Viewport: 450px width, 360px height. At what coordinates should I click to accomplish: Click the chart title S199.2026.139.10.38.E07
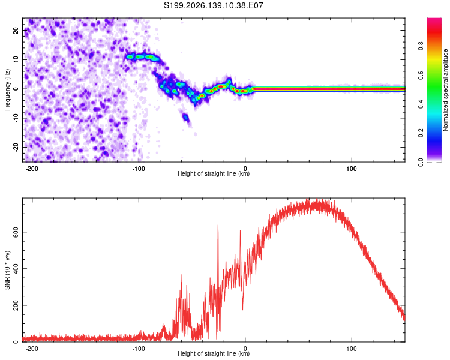click(x=213, y=5)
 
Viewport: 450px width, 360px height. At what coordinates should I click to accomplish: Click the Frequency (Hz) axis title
click(x=7, y=89)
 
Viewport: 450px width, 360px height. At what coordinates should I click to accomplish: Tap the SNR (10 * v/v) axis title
click(x=7, y=270)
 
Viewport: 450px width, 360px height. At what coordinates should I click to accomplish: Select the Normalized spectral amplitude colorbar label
click(x=445, y=89)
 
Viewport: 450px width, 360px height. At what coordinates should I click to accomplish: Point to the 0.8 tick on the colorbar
click(x=421, y=46)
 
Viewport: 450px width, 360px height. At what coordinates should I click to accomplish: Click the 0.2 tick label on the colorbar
click(x=421, y=133)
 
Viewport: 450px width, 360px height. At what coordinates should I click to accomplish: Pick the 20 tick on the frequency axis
click(x=16, y=30)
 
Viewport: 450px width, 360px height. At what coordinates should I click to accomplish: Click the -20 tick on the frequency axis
click(x=16, y=147)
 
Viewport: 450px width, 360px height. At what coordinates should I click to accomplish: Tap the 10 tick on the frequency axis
click(x=16, y=59)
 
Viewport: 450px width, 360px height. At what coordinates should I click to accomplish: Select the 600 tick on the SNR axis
click(x=16, y=232)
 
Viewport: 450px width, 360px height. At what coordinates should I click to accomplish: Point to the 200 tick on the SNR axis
click(x=16, y=305)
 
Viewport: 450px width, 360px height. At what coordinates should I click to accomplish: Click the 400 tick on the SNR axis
click(x=16, y=269)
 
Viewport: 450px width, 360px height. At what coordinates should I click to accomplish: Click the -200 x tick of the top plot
click(x=32, y=169)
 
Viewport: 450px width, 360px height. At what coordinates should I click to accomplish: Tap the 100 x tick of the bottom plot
click(x=351, y=349)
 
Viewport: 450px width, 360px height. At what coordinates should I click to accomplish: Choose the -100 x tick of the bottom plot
click(x=139, y=349)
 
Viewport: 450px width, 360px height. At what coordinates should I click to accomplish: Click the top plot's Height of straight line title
click(x=214, y=173)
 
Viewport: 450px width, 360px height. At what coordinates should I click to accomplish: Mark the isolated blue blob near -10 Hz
click(x=186, y=117)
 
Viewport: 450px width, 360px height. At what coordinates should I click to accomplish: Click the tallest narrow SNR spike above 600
click(x=218, y=226)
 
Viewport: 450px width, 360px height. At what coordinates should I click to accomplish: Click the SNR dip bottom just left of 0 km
click(x=243, y=310)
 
